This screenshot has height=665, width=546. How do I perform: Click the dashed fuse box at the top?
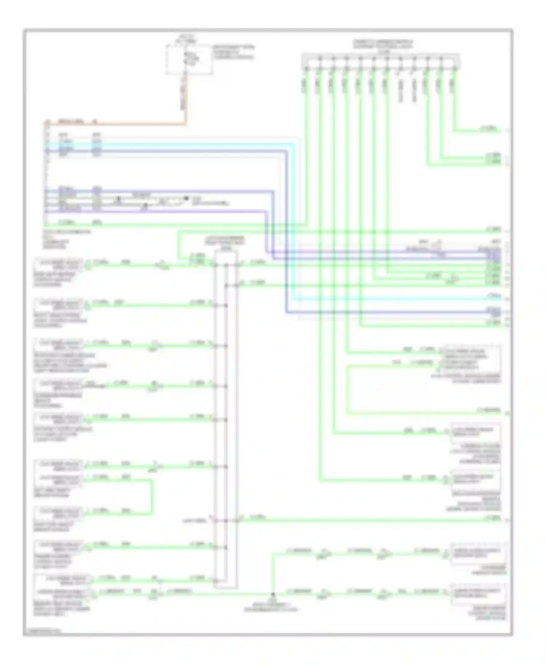pos(189,60)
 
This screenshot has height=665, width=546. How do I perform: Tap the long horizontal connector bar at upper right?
pos(380,61)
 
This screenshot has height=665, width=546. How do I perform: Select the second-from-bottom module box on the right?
pos(478,554)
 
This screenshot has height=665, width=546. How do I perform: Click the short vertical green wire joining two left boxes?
pos(152,497)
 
